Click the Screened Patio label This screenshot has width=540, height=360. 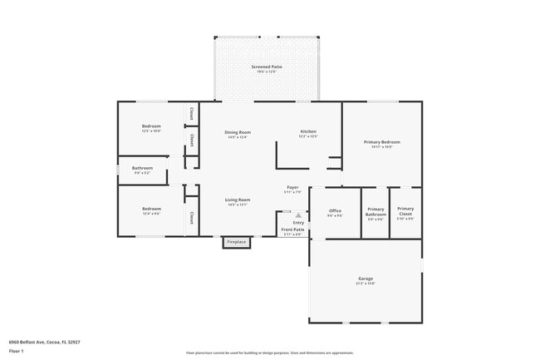coord(266,67)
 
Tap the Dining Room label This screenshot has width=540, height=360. coord(238,132)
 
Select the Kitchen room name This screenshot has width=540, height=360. coord(308,132)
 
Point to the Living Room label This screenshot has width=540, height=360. coord(238,200)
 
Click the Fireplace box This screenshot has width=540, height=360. coord(237,242)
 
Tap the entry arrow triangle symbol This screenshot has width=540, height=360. coord(297,215)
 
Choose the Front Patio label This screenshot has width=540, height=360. coord(292,229)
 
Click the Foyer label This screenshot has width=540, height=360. coord(292,188)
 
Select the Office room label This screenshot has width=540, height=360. coord(335,211)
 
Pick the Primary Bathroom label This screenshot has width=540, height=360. coord(376,212)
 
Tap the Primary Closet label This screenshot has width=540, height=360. coord(405,211)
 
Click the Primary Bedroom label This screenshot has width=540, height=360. coord(382,142)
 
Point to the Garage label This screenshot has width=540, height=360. coord(365,279)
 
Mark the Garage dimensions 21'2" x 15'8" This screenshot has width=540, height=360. coord(365,284)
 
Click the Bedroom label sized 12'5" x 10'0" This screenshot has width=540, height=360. coord(151,126)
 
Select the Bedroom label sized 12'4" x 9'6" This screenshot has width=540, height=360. coord(151,209)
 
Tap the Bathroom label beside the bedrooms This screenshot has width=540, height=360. coord(142,168)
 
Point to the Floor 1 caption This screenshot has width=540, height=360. coord(16,351)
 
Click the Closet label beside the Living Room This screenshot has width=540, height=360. coord(191,218)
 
